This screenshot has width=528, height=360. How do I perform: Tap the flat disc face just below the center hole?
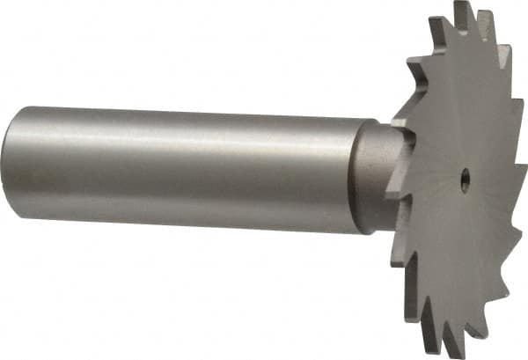point(461,229)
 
